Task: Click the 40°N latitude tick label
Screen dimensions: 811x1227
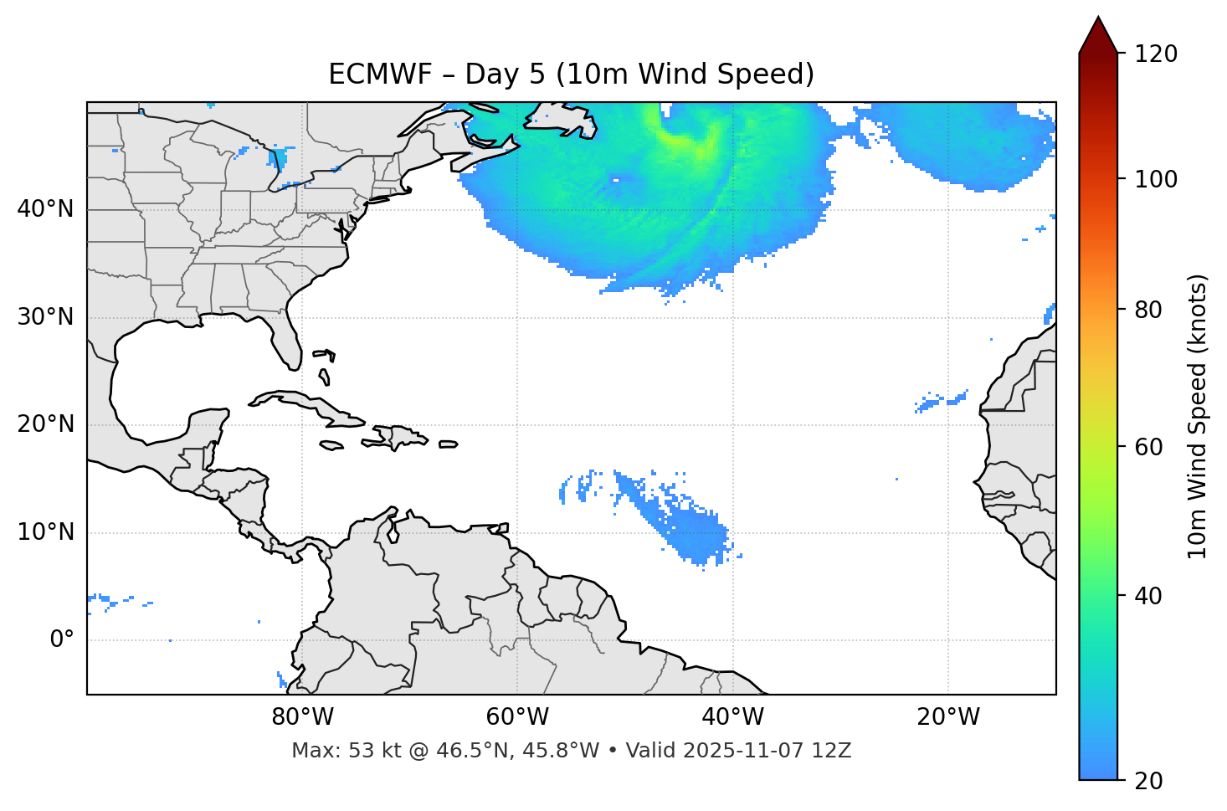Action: (x=45, y=209)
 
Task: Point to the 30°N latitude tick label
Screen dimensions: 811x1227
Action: (x=45, y=317)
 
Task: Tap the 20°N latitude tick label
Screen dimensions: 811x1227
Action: (x=45, y=424)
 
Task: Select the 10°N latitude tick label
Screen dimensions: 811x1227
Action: (x=45, y=532)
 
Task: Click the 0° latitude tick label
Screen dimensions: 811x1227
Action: (x=62, y=640)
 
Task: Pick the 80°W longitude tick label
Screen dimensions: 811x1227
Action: (x=302, y=717)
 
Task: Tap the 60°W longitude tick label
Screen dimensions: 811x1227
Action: (x=517, y=717)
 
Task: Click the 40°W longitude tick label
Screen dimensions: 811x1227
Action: (x=732, y=717)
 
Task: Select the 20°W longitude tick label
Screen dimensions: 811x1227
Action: (x=947, y=717)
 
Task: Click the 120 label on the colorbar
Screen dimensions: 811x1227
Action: (x=1156, y=54)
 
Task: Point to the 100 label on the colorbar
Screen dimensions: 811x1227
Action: (x=1156, y=179)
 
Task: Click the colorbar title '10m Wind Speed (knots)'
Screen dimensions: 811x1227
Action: (x=1198, y=417)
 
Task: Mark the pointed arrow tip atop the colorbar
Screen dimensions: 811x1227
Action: (x=1098, y=18)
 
